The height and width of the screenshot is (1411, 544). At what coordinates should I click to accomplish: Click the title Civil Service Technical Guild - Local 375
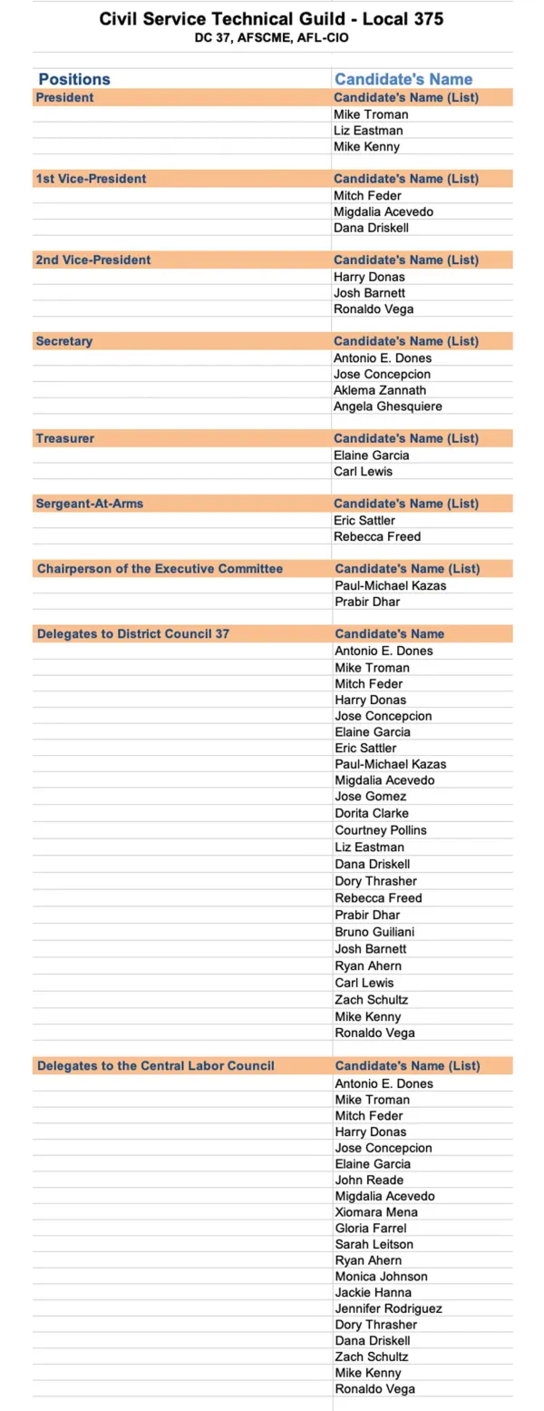pos(271,18)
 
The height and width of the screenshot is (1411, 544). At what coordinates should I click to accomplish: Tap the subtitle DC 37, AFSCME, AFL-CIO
pos(271,38)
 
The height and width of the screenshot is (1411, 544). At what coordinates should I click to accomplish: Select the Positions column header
pos(74,79)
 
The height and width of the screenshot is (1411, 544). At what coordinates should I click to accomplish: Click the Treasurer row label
pos(64,438)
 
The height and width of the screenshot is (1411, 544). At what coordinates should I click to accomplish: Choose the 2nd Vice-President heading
pos(93,260)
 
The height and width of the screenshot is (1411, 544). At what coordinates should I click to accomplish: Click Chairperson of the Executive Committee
pos(160,569)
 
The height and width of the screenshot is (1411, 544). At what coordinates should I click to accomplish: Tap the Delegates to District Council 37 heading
pos(133,633)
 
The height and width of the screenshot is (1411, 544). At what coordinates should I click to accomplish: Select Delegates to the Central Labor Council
pos(155,1065)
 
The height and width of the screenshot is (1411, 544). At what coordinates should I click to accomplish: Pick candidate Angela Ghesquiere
pos(388,407)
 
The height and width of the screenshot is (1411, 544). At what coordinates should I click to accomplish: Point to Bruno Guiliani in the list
pos(375,932)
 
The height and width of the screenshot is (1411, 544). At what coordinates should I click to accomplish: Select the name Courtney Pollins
pos(380,830)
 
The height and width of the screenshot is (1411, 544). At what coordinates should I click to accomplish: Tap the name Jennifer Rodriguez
pos(388,1308)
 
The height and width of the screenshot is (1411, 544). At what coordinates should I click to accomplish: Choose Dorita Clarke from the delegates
pos(371,813)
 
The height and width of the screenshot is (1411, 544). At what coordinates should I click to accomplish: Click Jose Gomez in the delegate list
pos(370,797)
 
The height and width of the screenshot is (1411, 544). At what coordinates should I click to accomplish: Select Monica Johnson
pos(381,1277)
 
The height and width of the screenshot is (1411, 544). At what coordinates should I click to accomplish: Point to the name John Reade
pos(369,1180)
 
